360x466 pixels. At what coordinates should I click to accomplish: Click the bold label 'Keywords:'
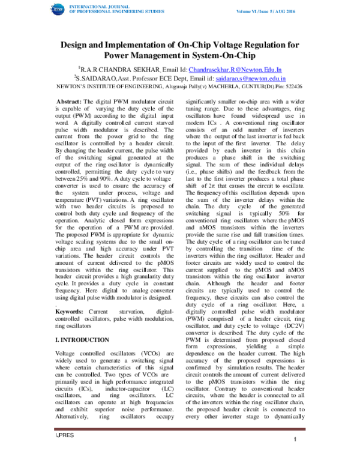70,312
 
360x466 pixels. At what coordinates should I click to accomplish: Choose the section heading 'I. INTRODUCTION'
81,339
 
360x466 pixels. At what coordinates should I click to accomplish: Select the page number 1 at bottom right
296,458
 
